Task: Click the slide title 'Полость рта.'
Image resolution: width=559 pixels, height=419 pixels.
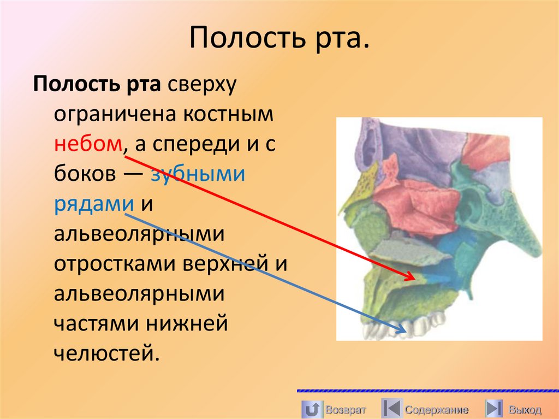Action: pos(279,40)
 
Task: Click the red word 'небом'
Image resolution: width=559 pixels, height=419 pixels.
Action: pos(88,144)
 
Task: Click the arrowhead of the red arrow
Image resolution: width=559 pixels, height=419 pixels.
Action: pos(411,278)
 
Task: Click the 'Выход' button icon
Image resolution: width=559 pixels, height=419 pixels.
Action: pos(494,409)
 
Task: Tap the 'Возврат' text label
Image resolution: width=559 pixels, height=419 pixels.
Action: pos(345,410)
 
